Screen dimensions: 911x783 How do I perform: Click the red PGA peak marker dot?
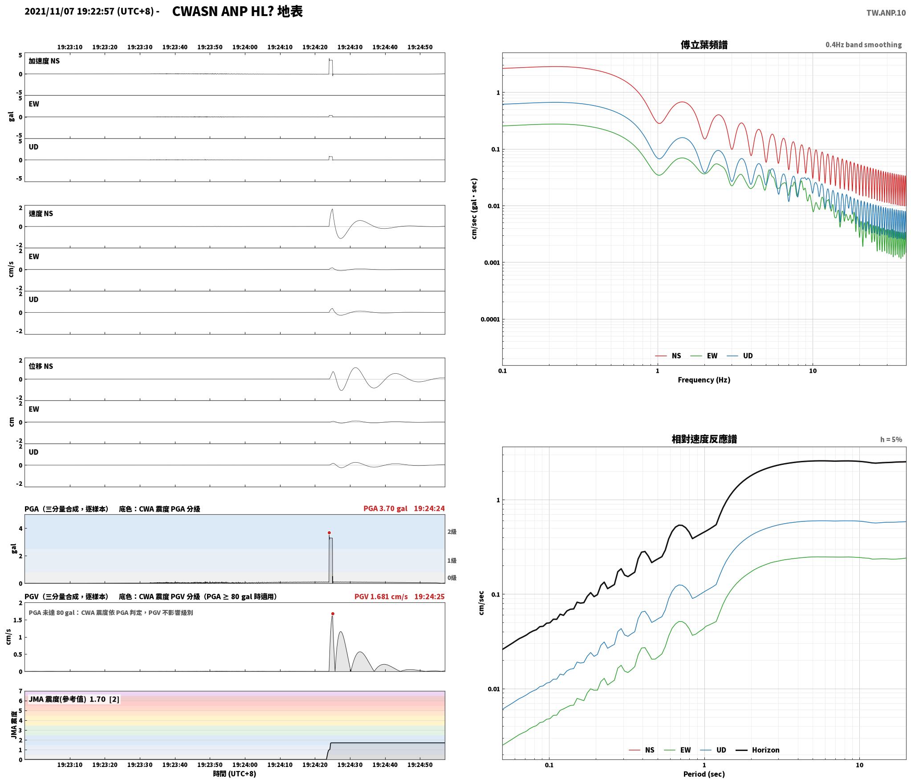329,533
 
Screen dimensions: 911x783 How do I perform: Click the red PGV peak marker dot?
333,613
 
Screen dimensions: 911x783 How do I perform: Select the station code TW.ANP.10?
886,13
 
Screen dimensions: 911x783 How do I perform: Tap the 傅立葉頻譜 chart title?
704,44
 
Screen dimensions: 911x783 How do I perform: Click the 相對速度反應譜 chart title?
704,439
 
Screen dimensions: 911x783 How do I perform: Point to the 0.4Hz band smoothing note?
863,44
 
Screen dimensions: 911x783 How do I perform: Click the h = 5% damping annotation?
891,440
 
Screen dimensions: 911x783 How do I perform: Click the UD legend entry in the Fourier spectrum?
740,355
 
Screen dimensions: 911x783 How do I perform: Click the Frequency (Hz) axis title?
704,379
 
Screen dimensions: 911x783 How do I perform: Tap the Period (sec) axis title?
704,774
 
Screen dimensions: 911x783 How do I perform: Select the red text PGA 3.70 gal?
385,508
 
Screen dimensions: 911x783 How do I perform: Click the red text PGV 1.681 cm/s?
381,596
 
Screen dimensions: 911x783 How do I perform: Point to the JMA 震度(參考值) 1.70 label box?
74,699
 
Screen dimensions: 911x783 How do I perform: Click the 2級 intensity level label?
452,532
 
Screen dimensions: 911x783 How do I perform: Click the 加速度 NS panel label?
44,61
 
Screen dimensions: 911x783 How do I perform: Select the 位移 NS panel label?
41,366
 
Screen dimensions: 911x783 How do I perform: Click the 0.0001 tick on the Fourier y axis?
490,319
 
